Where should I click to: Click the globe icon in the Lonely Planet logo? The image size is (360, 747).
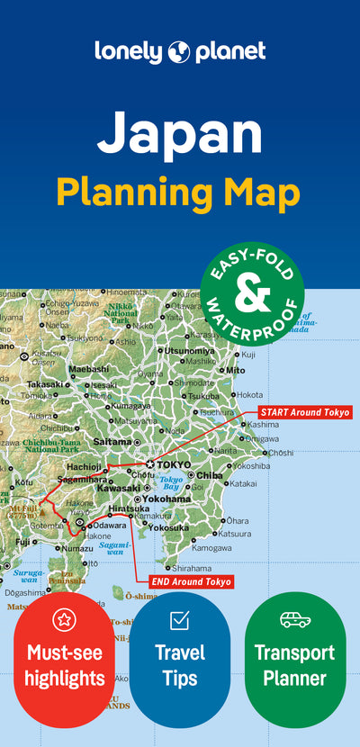click(179, 51)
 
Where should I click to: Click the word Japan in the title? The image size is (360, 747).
click(180, 132)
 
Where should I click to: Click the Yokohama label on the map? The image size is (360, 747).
click(165, 498)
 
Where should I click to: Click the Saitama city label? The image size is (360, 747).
click(112, 442)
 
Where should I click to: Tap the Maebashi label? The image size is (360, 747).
click(88, 369)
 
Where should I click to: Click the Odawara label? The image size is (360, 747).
click(110, 525)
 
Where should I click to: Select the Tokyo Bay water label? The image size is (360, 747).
click(171, 482)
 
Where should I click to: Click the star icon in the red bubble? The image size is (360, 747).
click(64, 619)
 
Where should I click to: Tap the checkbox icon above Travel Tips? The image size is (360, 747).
click(179, 619)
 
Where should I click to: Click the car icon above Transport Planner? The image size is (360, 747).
click(294, 619)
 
